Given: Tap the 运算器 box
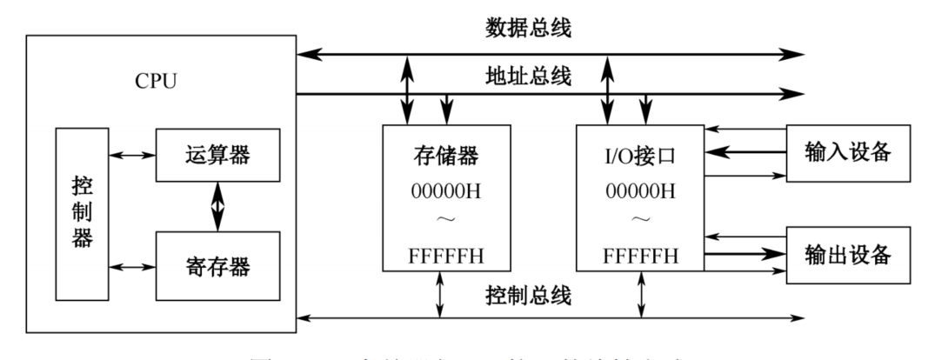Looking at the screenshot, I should [217, 155].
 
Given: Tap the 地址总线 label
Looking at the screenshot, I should [527, 77].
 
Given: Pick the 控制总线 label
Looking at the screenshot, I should [527, 296].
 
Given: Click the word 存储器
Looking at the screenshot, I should [446, 158].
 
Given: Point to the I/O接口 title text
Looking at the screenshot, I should [641, 158].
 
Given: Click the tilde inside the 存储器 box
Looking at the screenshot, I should [446, 224].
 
